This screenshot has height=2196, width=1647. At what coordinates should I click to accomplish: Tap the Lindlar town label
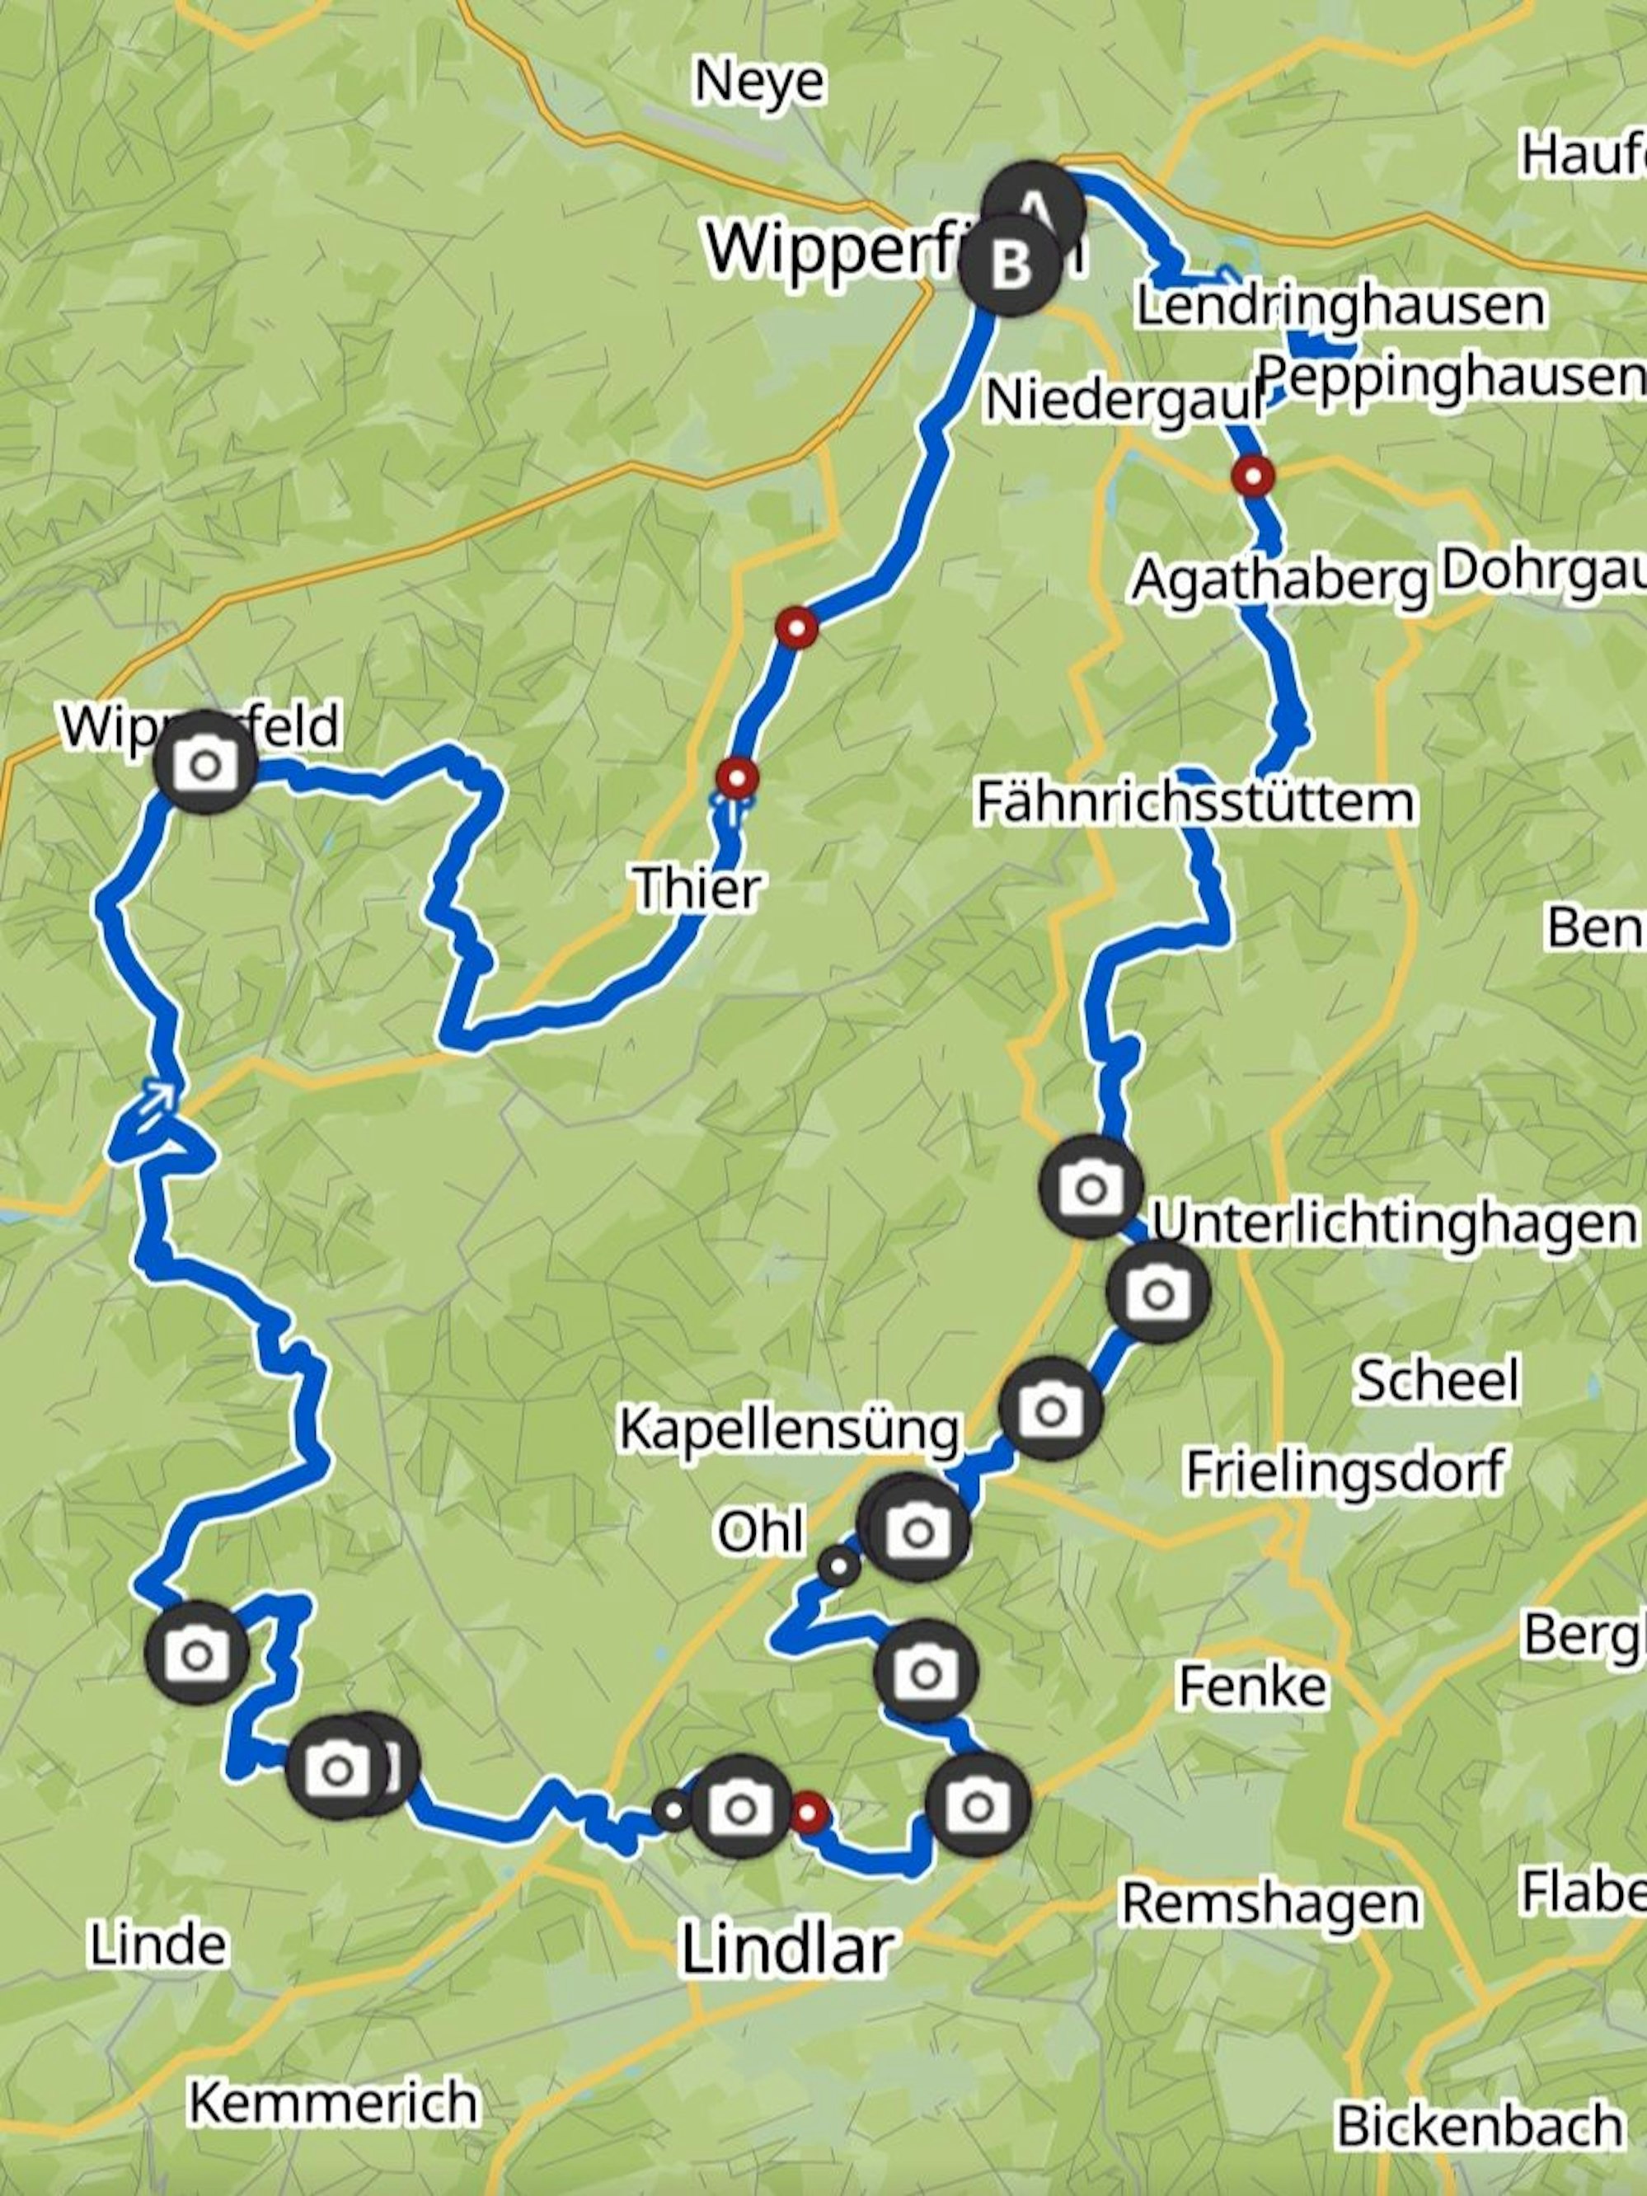point(787,1948)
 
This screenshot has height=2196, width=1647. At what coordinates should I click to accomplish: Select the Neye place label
point(758,82)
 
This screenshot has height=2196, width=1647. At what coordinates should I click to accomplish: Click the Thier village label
point(698,888)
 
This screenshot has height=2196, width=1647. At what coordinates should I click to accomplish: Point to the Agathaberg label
point(1279,581)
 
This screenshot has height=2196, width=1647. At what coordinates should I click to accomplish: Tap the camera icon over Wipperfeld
point(205,764)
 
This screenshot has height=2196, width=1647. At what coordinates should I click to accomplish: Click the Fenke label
point(1252,1686)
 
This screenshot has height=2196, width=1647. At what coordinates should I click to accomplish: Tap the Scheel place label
point(1437,1381)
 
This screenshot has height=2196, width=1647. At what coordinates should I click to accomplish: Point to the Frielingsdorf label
point(1345,1471)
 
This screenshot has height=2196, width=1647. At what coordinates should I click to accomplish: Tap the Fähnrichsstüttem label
point(1195,802)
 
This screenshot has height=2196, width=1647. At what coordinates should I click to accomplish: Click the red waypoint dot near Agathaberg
point(1253,476)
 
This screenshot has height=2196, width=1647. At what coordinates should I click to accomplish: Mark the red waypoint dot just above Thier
point(737,777)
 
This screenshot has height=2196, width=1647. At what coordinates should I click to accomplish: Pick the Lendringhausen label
point(1340,306)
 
